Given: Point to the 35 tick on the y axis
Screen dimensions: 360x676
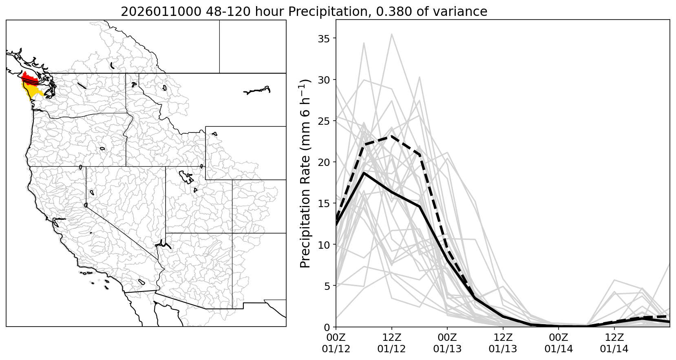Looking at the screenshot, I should pyautogui.click(x=325, y=38).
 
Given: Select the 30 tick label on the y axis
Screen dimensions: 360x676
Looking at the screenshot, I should pyautogui.click(x=325, y=80).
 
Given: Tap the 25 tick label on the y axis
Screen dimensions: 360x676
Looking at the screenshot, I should pyautogui.click(x=325, y=121).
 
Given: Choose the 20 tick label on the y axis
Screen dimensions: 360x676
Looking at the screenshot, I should pyautogui.click(x=325, y=162).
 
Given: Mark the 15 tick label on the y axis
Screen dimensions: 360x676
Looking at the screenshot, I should pyautogui.click(x=325, y=203).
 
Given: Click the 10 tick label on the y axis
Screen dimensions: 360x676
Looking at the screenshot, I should pyautogui.click(x=325, y=245).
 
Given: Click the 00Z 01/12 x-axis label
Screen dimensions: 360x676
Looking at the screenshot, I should pyautogui.click(x=336, y=343).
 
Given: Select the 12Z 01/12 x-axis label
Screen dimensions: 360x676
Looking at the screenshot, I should pyautogui.click(x=391, y=343).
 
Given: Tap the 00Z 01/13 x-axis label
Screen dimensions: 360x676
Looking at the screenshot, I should pyautogui.click(x=447, y=343).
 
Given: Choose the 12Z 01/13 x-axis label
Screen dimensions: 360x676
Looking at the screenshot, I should pyautogui.click(x=503, y=343).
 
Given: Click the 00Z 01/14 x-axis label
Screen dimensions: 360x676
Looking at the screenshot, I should pyautogui.click(x=559, y=343).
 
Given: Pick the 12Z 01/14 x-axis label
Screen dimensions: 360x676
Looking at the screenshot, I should pyautogui.click(x=614, y=343).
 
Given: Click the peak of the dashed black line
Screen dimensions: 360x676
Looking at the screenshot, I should pyautogui.click(x=391, y=136).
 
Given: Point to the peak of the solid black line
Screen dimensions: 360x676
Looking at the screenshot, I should pyautogui.click(x=364, y=173).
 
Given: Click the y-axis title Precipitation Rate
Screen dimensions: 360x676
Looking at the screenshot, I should pyautogui.click(x=305, y=173).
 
